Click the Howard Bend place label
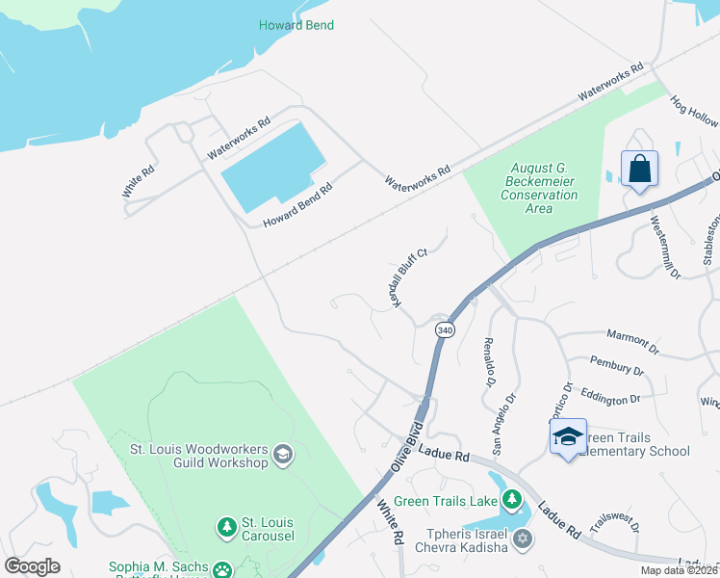296,25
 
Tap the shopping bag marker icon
639,171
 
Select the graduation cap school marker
568,436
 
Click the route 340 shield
445,329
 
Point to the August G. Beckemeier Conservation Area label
539,188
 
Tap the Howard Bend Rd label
298,203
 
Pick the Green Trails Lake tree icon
512,499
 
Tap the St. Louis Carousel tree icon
226,527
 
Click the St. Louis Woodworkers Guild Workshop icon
283,454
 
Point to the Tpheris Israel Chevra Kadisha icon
523,538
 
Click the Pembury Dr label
618,368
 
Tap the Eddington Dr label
610,398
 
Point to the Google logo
32,566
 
